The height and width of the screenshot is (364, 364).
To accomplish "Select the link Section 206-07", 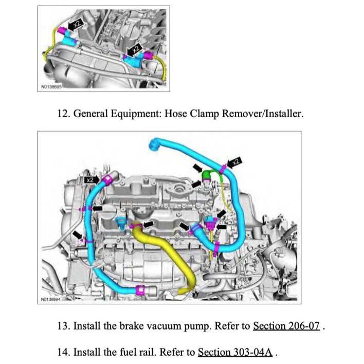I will pos(286,326).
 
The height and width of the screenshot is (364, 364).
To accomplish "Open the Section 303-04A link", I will pos(234,352).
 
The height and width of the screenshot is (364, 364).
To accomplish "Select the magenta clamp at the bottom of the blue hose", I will pos(138,291).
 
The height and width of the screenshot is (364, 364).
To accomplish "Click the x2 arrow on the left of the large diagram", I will pos(92,179).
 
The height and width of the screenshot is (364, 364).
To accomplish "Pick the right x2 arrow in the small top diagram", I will pos(134,50).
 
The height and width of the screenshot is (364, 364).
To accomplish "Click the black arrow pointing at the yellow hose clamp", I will pos(150,224).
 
